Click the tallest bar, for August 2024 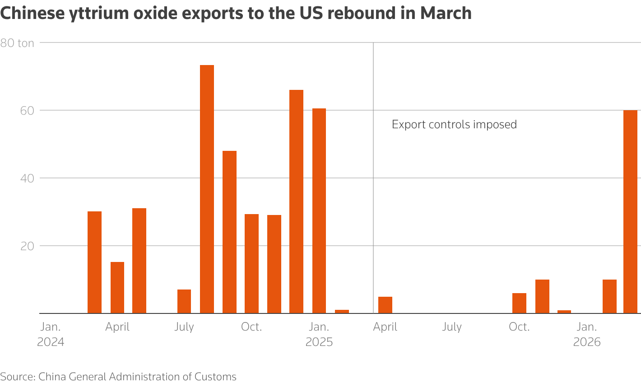pyautogui.click(x=207, y=189)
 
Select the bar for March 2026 pyautogui.click(x=630, y=212)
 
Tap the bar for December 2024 pyautogui.click(x=296, y=201)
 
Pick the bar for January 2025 pyautogui.click(x=319, y=211)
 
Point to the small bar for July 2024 pyautogui.click(x=184, y=301)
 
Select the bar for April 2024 pyautogui.click(x=117, y=287)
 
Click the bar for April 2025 pyautogui.click(x=385, y=305)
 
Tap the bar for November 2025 pyautogui.click(x=542, y=296)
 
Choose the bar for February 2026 pyautogui.click(x=609, y=296)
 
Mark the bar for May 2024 pyautogui.click(x=139, y=261)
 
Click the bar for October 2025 pyautogui.click(x=519, y=303)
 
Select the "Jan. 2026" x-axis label pyautogui.click(x=587, y=334)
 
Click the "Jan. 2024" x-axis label pyautogui.click(x=51, y=334)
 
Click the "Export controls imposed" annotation pyautogui.click(x=454, y=125)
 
